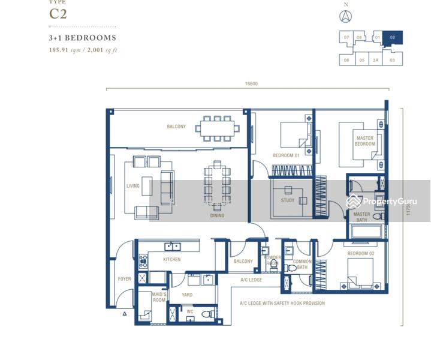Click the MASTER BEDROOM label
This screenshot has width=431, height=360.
coord(364,141)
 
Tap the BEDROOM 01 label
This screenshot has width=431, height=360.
coord(285,156)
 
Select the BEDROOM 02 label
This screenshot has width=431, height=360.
coord(360,254)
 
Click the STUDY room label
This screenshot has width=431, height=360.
coord(288,200)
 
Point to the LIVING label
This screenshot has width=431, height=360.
coord(132,186)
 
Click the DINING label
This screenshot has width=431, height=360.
coord(217,215)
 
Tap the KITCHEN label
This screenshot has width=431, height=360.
coord(172,260)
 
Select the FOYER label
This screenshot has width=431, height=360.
coord(124,279)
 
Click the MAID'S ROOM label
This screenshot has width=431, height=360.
coord(158,297)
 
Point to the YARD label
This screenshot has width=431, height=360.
coord(186,295)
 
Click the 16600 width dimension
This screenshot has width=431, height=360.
coord(251,84)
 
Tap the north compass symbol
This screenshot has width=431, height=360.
coord(346,17)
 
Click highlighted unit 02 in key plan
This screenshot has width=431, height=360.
coord(393,38)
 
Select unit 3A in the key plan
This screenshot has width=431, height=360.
coord(376,60)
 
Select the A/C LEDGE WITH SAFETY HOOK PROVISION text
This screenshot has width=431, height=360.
coord(282,304)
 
